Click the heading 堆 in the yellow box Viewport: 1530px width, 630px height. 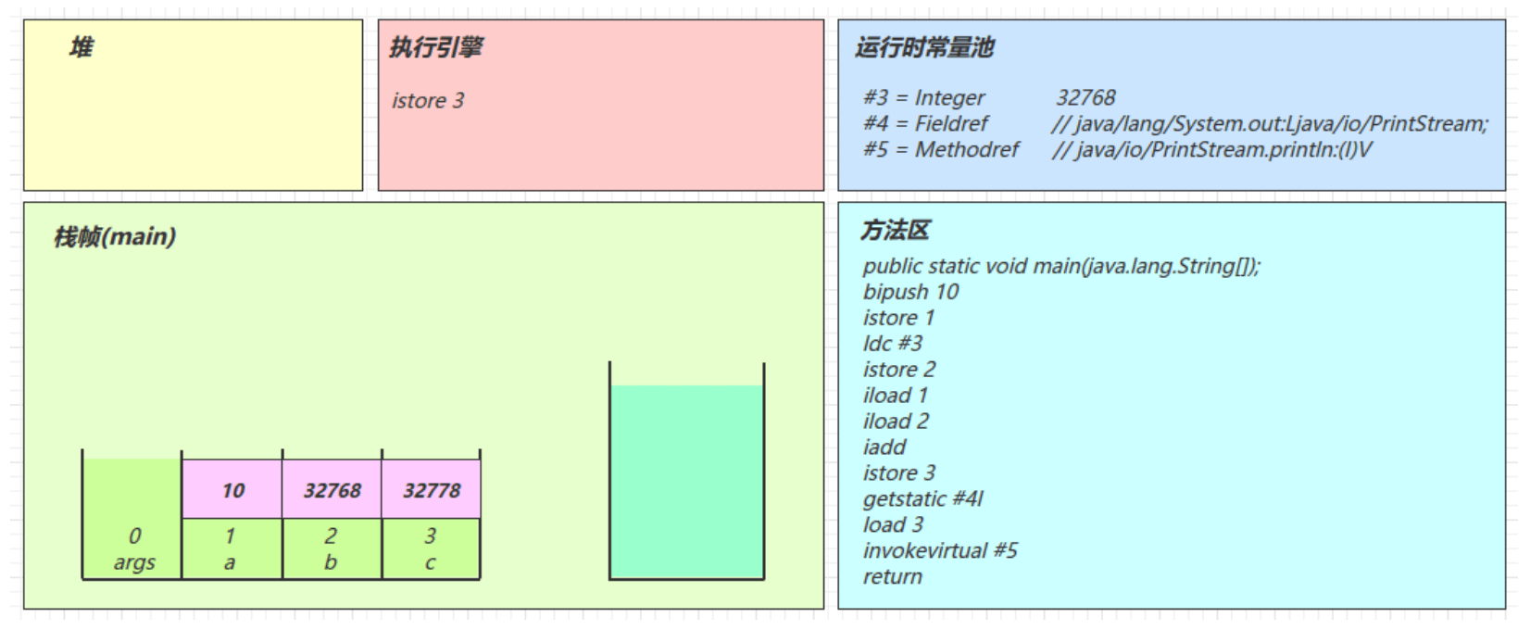[82, 47]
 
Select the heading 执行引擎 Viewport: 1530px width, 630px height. [436, 47]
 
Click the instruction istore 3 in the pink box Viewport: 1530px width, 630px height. [428, 101]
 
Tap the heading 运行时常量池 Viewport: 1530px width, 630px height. [924, 47]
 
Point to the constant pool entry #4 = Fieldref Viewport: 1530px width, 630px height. [925, 124]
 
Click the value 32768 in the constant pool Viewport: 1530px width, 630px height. [1085, 98]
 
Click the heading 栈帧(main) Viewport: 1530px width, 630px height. [115, 237]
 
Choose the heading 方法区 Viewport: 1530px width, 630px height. [896, 231]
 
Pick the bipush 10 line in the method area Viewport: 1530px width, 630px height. [910, 292]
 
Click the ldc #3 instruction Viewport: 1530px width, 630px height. [893, 344]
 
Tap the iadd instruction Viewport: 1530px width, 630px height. [884, 447]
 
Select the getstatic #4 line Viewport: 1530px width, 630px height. [922, 499]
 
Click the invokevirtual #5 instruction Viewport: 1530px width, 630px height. [940, 551]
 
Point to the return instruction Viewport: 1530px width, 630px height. [893, 577]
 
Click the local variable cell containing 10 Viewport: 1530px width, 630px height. [232, 490]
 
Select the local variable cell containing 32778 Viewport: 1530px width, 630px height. [432, 490]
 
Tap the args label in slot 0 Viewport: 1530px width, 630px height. [134, 563]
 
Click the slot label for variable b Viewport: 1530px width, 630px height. [331, 563]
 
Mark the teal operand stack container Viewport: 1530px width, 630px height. [686, 482]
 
